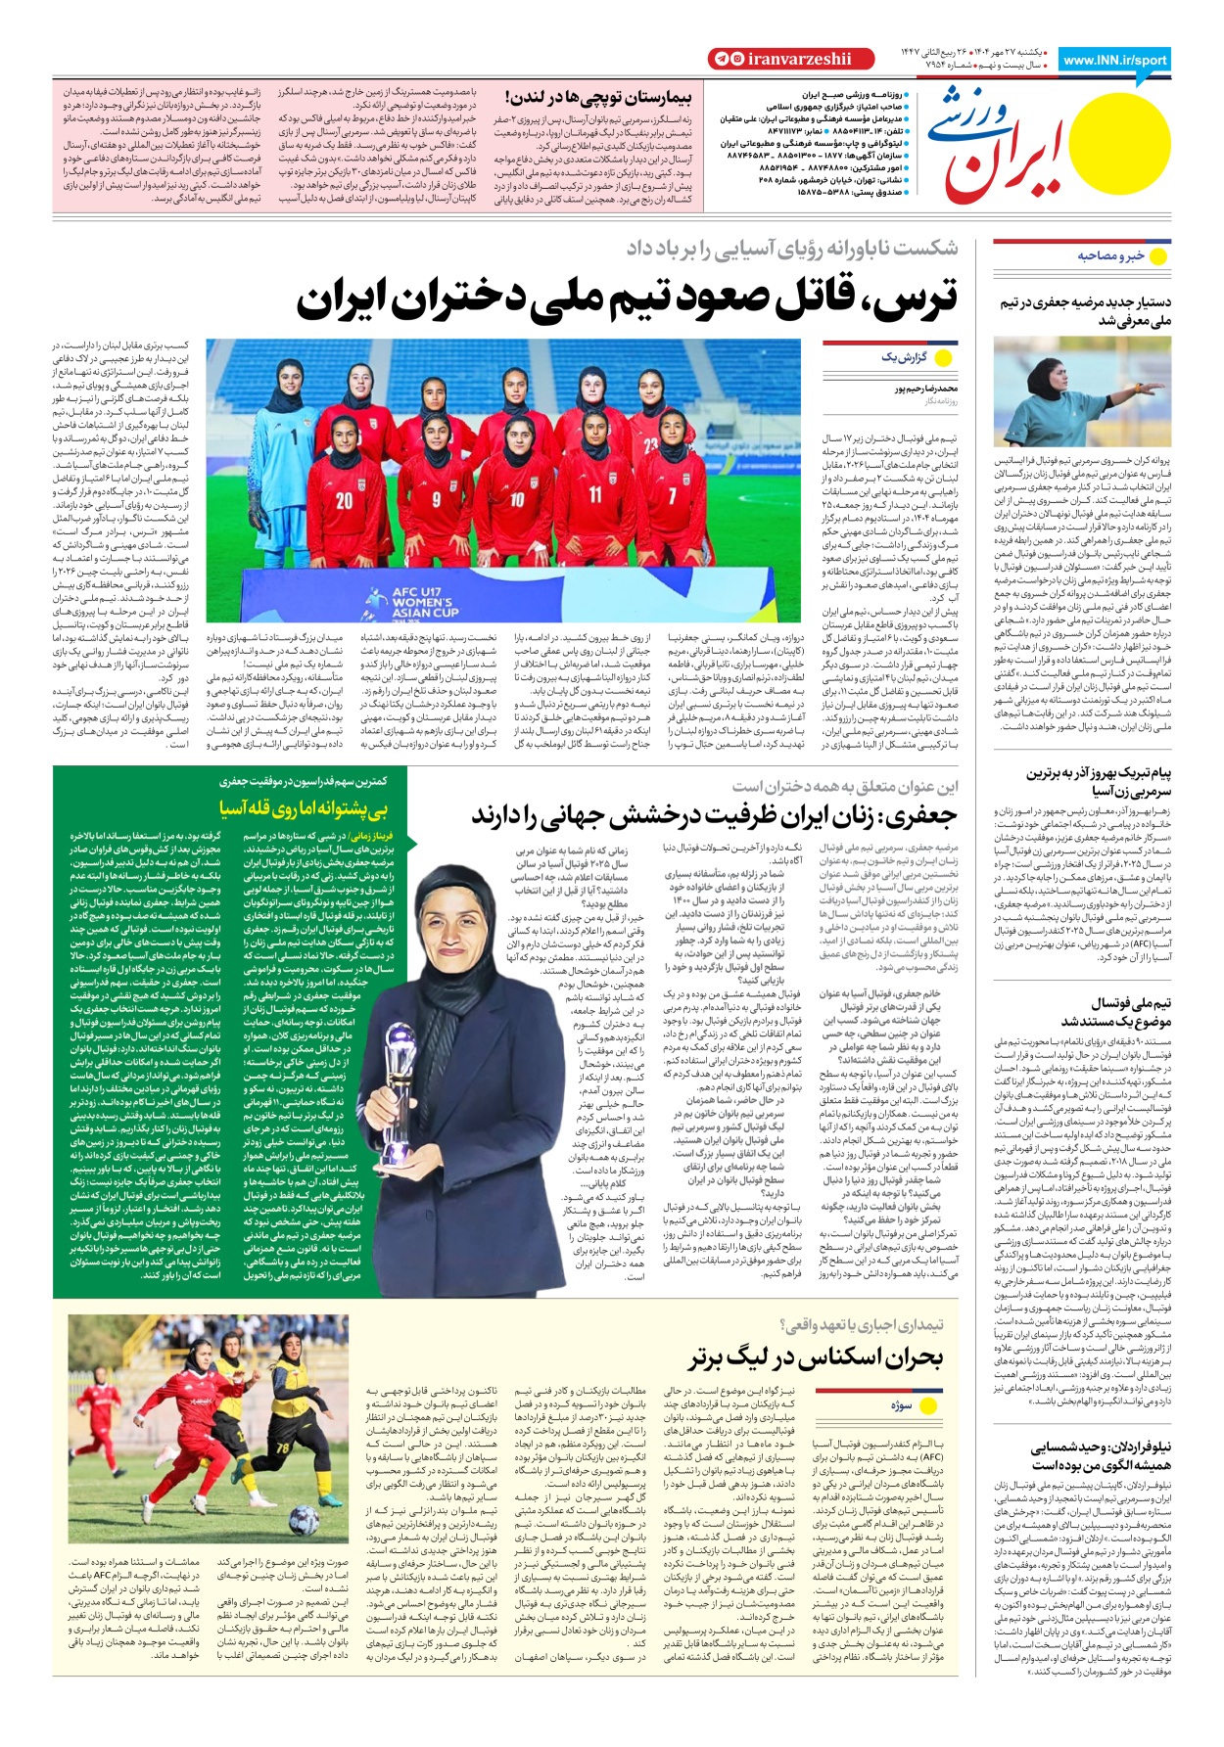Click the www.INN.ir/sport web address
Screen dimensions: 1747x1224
point(1114,60)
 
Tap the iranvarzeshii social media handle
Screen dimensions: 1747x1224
point(799,59)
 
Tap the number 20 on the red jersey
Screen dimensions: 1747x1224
point(345,501)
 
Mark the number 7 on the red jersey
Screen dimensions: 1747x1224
point(672,496)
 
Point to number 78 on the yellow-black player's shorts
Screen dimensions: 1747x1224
point(282,1449)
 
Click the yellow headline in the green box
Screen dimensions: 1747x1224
point(304,808)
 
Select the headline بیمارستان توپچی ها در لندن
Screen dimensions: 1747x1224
point(598,97)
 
